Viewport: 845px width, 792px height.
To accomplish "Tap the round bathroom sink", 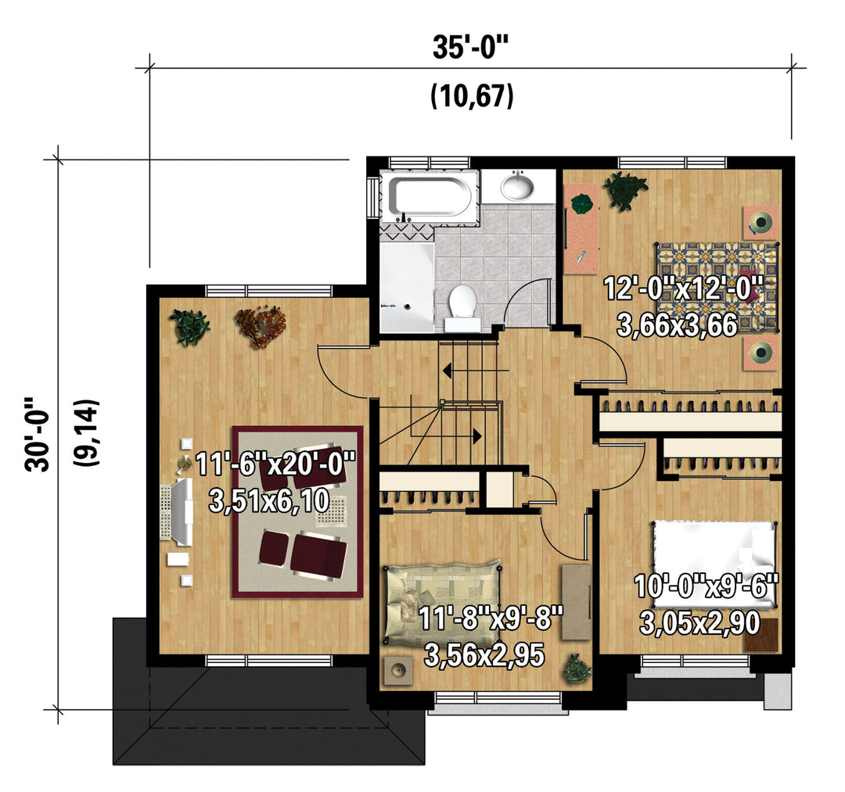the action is (517, 186).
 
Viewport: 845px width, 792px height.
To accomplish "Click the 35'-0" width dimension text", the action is (470, 48).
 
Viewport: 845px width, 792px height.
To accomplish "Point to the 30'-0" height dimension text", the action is (38, 434).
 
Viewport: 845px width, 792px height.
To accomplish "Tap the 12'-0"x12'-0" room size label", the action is (683, 288).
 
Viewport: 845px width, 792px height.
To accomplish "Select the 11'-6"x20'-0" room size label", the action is (276, 464).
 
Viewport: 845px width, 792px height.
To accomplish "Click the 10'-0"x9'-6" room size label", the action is (707, 586).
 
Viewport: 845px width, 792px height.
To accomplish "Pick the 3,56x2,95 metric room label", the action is (484, 655).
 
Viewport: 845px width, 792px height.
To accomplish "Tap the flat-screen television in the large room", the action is (177, 509).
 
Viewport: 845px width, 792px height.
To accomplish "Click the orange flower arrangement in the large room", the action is (261, 327).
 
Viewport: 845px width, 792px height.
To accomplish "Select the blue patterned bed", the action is (717, 286).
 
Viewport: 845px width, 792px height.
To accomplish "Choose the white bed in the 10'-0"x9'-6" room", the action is (714, 564).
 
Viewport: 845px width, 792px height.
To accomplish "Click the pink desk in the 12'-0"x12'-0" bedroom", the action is (581, 228).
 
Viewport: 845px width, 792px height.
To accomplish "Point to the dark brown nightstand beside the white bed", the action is (761, 636).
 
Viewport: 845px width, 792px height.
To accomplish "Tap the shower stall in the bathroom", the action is (407, 288).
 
